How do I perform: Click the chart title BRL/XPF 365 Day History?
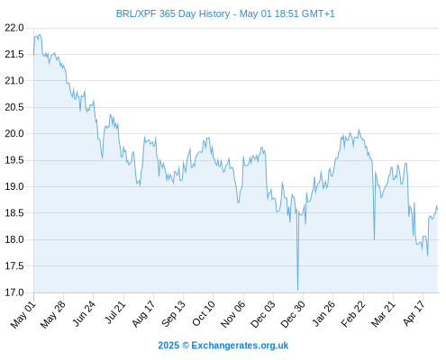pos(173,13)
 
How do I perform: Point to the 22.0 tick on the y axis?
pos(14,28)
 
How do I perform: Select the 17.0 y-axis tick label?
pos(14,292)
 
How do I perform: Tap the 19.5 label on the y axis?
pos(14,160)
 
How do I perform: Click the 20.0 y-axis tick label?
pos(14,133)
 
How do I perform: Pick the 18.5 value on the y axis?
pos(14,213)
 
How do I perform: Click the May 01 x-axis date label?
pos(23,315)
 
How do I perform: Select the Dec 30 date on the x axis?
pos(293,314)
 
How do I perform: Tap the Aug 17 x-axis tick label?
pos(143,314)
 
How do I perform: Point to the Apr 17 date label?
pos(414,313)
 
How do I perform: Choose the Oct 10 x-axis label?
pos(204,314)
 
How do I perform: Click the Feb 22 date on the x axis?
pos(353,314)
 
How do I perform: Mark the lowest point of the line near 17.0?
pos(297,290)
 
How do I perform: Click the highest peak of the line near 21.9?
pos(40,34)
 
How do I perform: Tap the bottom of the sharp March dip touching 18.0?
pos(374,239)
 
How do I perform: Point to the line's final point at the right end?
pos(438,209)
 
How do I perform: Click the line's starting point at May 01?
pos(33,55)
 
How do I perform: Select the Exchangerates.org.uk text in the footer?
pos(240,346)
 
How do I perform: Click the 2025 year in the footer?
pos(168,346)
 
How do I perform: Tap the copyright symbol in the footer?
pos(186,346)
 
